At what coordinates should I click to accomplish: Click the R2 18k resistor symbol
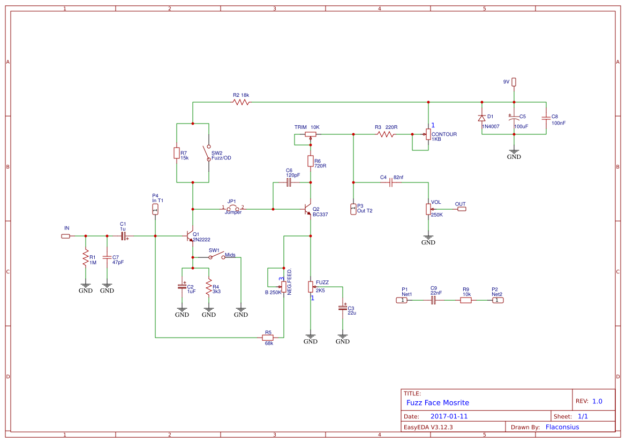241,102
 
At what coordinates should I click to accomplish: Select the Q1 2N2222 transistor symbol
190,235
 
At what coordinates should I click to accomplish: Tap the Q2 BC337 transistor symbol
308,209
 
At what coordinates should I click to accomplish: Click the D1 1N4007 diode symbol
482,118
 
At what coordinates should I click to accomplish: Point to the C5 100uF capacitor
514,118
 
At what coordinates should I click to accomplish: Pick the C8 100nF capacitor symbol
546,117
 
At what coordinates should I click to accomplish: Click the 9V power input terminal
514,82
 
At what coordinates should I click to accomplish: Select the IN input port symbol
65,235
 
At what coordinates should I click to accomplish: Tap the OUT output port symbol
461,209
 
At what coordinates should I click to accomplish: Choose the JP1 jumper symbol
233,208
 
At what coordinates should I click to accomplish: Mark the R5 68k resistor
268,338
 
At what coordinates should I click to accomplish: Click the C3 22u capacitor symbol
343,308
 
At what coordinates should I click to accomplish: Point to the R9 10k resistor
466,300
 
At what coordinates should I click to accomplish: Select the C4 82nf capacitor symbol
391,182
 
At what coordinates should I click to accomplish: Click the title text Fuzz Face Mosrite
438,402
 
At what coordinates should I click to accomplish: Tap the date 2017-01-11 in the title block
449,416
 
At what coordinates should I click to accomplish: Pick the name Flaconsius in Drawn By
562,427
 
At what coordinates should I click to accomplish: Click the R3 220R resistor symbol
386,134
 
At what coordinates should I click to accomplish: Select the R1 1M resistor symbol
85,259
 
